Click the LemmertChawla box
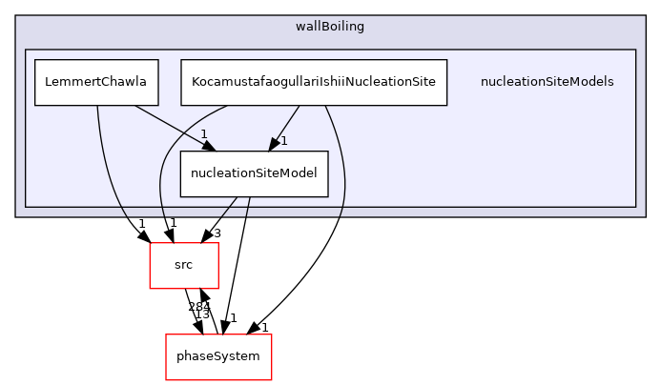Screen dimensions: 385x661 (96, 82)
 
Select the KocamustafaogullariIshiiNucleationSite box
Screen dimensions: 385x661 (314, 82)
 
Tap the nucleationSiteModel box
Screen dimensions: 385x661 (254, 173)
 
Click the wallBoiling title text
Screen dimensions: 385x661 (330, 26)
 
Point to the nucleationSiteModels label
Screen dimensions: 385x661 (547, 82)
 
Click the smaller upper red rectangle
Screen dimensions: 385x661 (184, 266)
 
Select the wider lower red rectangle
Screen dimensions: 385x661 (218, 357)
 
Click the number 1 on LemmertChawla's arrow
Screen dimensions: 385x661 (203, 132)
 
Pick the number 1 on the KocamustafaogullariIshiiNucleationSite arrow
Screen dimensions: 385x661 (283, 141)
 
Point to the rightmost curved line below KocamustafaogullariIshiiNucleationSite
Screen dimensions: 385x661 (342, 162)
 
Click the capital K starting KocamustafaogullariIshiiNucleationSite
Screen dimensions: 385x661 (196, 82)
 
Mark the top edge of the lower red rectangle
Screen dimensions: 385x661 (218, 334)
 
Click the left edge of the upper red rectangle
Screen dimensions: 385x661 (150, 266)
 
